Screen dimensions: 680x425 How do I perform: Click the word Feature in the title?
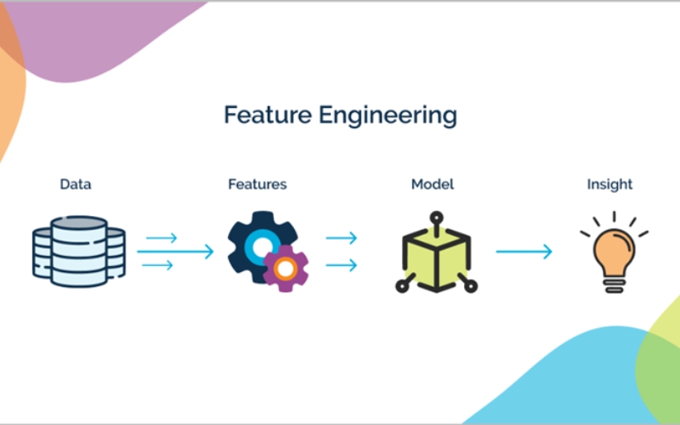tap(268, 115)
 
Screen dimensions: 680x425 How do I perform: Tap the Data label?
tap(76, 184)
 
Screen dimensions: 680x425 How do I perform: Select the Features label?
tap(258, 184)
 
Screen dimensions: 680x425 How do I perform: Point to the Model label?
tap(433, 184)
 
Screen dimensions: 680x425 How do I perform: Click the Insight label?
tap(609, 184)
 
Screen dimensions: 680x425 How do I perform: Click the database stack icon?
tap(79, 252)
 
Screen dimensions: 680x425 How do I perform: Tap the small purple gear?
tap(286, 269)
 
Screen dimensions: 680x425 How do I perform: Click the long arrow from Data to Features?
tap(175, 252)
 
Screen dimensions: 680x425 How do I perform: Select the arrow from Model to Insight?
tap(524, 252)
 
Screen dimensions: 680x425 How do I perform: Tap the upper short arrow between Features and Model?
tap(342, 238)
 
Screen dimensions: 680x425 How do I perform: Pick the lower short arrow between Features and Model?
tap(342, 265)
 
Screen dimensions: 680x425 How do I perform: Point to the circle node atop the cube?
tap(436, 218)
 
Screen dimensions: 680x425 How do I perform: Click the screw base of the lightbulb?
tap(614, 285)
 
